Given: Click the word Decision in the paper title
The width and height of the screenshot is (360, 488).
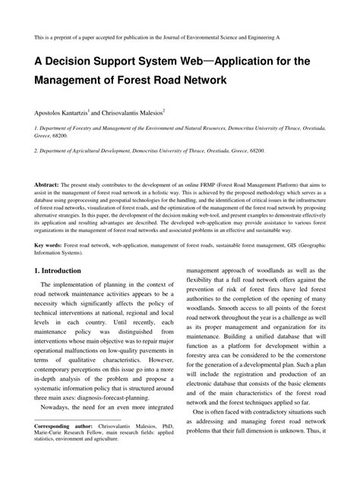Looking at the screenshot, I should [72, 62].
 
